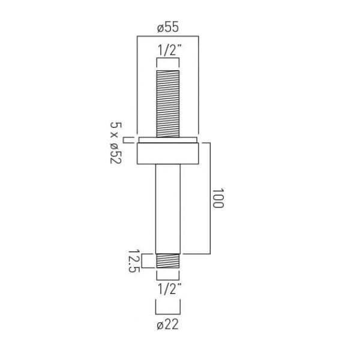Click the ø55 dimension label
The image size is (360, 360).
tap(168, 28)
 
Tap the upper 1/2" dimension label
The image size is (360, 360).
tap(169, 50)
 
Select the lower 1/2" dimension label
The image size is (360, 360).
tap(169, 289)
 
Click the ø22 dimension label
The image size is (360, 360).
tap(167, 325)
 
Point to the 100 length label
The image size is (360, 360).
tap(218, 198)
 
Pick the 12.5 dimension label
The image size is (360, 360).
tap(134, 260)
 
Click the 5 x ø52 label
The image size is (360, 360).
tap(116, 143)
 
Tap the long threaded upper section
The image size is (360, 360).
tap(168, 104)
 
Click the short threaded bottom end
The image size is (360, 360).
tap(168, 261)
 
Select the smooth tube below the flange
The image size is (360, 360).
tap(168, 209)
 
